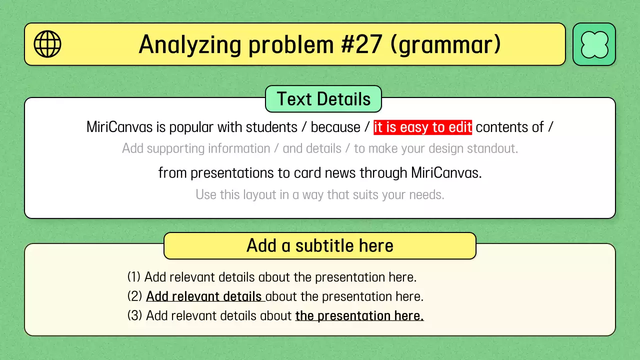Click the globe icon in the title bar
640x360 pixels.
(47, 44)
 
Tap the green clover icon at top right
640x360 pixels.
(594, 44)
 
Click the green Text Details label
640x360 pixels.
(323, 99)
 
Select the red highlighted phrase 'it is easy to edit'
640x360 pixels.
(422, 127)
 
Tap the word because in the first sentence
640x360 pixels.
(335, 127)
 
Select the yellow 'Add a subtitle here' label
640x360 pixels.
(320, 245)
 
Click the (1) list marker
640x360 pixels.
(134, 277)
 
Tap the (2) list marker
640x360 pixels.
(134, 296)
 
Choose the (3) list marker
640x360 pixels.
(134, 316)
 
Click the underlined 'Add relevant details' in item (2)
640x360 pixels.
(204, 296)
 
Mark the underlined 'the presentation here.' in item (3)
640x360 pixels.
(359, 316)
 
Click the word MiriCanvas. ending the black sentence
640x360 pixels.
(446, 173)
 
